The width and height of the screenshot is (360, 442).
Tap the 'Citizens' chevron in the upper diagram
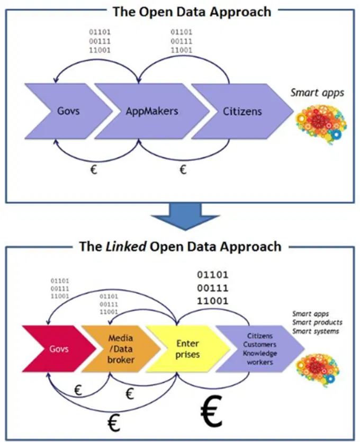[241, 112]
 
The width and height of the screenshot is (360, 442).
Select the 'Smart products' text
[317, 322]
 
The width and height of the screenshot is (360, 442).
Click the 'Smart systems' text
[316, 331]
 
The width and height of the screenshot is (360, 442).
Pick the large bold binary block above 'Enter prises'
[212, 288]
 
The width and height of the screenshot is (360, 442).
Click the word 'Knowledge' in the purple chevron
[259, 355]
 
